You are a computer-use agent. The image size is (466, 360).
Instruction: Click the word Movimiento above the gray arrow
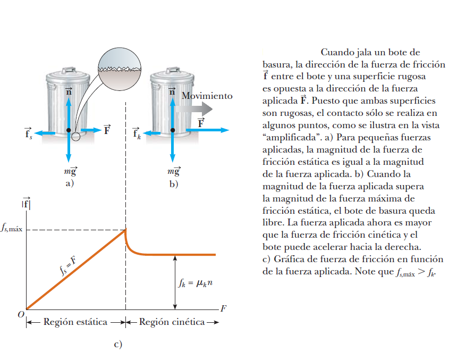click(x=207, y=96)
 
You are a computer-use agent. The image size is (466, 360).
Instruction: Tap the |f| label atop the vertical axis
click(x=26, y=203)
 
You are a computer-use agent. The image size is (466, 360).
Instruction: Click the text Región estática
click(x=75, y=322)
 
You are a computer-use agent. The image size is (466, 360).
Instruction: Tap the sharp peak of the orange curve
click(x=125, y=229)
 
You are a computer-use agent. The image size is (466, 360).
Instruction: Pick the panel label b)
click(x=174, y=184)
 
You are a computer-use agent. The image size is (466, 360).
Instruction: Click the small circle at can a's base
click(x=76, y=137)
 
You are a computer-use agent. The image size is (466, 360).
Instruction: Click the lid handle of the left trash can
click(x=67, y=70)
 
